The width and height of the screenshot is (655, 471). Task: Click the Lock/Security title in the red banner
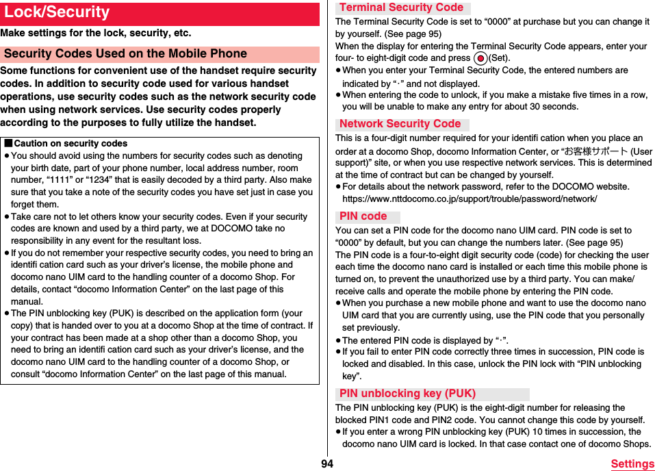pyautogui.click(x=57, y=12)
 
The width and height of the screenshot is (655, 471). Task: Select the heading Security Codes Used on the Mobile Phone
pyautogui.click(x=125, y=53)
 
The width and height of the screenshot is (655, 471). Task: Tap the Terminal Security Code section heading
pyautogui.click(x=402, y=8)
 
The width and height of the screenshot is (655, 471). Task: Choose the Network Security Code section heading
pyautogui.click(x=400, y=124)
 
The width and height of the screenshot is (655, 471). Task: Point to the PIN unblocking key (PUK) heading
pyautogui.click(x=408, y=394)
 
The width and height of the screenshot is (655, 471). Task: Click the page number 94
pyautogui.click(x=327, y=464)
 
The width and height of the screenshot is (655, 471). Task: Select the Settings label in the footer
pyautogui.click(x=632, y=464)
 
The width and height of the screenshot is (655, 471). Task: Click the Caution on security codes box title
pyautogui.click(x=70, y=144)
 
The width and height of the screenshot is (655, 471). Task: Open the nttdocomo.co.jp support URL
pyautogui.click(x=470, y=199)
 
